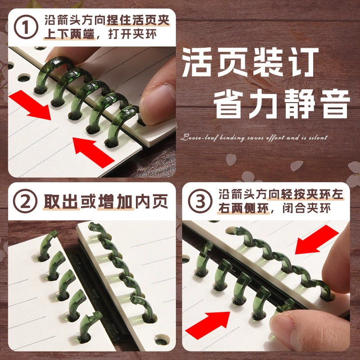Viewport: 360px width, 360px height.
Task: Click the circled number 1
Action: pyautogui.click(x=26, y=27)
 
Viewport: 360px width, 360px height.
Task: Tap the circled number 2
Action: pyautogui.click(x=25, y=201)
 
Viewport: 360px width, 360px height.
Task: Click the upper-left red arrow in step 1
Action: pyautogui.click(x=30, y=105)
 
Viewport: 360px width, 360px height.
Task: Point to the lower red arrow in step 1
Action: pyautogui.click(x=94, y=152)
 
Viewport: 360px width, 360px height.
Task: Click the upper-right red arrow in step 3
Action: pyautogui.click(x=317, y=239)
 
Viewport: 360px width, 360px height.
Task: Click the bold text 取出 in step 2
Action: pyautogui.click(x=61, y=202)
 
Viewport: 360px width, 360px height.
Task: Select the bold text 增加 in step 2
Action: pyautogui.click(x=116, y=202)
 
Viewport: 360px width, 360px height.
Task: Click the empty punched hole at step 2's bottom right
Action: pyautogui.click(x=162, y=340)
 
